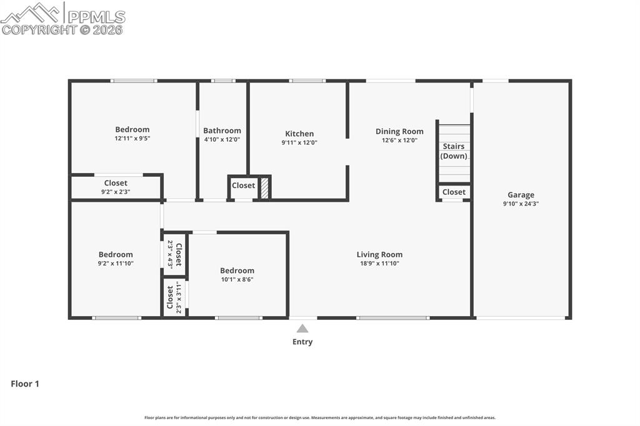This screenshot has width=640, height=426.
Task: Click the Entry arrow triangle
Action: point(302,329)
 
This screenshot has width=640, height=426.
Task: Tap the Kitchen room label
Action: point(299,134)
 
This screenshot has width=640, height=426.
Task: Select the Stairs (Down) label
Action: point(454,151)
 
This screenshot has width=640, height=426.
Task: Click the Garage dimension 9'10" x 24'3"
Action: point(521,204)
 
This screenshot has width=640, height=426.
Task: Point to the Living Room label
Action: point(379,254)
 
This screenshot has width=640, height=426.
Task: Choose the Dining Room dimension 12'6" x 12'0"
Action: point(399,141)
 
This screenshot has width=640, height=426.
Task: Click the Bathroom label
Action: point(222,131)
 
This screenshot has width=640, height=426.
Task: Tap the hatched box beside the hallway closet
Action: point(264,188)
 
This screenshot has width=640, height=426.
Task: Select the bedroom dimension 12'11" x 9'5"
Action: point(132,139)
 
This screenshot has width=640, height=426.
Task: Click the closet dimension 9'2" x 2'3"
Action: point(116,192)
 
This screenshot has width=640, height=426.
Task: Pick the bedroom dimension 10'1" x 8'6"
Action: point(237,280)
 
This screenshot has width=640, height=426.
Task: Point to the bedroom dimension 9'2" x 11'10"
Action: point(116,264)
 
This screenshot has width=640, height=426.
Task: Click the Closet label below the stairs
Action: point(454,192)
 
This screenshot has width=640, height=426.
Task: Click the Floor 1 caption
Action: point(25,384)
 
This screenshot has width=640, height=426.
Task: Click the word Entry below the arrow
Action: point(302,342)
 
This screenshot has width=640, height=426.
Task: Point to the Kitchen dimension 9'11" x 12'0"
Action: point(299,143)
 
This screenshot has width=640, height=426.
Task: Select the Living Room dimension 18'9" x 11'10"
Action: point(379,264)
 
